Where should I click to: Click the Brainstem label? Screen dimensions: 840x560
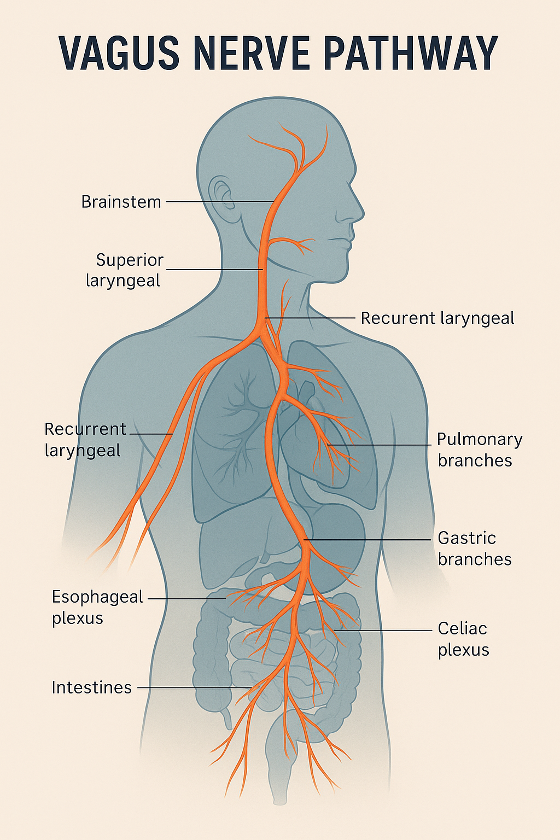point(121,202)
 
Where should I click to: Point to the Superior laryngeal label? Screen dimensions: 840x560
point(125,270)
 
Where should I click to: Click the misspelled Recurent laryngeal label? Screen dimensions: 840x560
point(437,318)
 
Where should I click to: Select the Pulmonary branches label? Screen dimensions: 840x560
point(479,450)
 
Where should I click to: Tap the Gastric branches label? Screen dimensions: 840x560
point(474,549)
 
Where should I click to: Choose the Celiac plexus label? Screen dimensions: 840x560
point(463,639)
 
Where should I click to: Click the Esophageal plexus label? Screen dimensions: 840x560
point(97,607)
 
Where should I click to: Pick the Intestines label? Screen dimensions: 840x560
point(91,687)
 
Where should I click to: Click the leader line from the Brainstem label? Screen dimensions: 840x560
point(219,202)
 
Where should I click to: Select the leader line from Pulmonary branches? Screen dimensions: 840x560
point(383,445)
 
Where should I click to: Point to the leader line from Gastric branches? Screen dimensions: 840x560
point(372,540)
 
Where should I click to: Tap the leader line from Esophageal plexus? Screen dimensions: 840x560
point(186,599)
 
